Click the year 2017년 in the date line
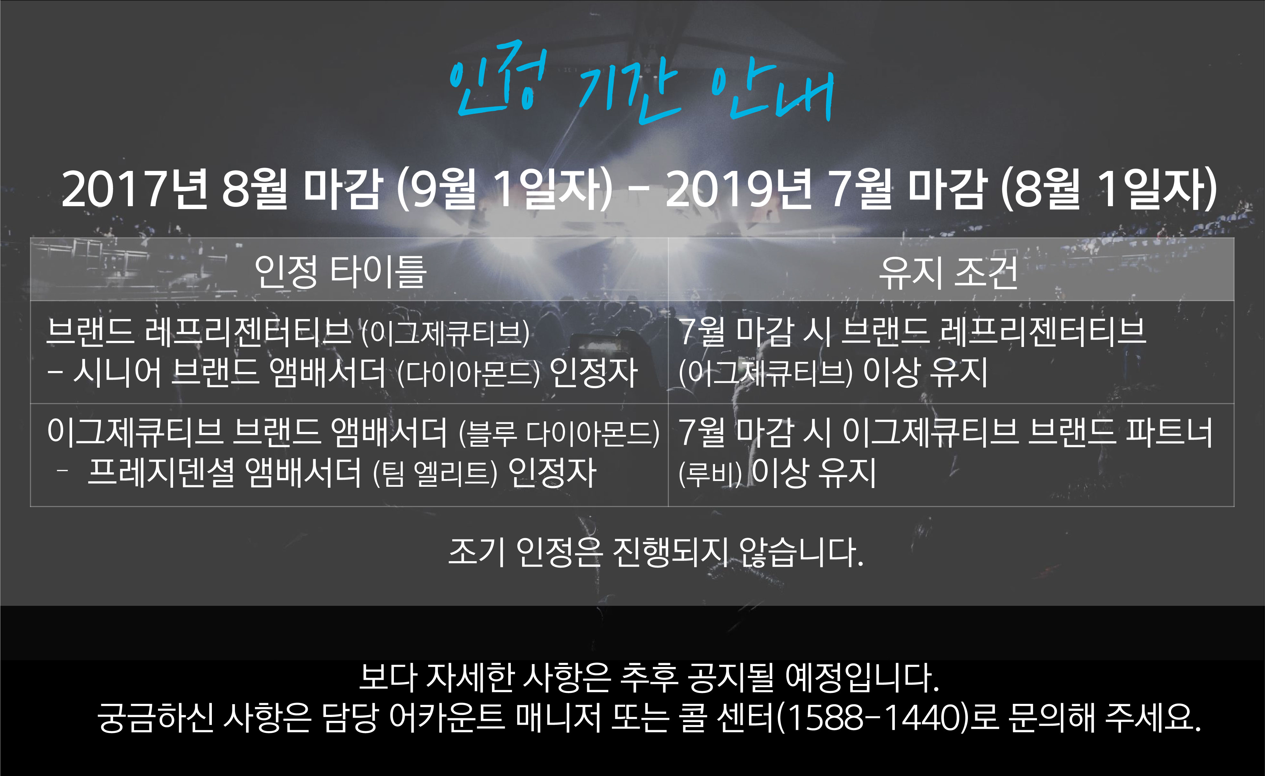coord(135,189)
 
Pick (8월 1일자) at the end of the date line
coord(1109,189)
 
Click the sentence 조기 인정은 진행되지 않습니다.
coord(656,552)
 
